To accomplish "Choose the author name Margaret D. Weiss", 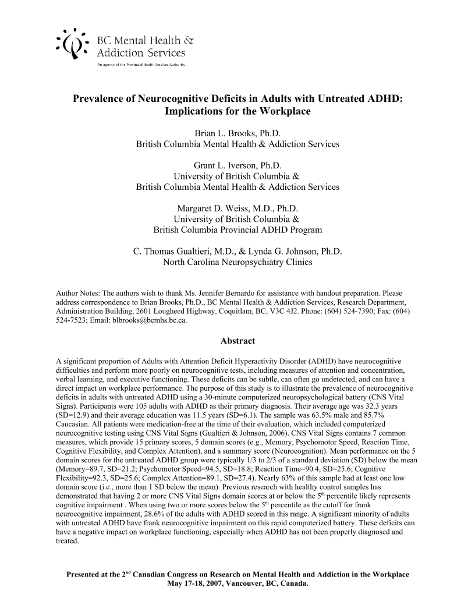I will (224, 208).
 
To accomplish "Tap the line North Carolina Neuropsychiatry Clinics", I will (238, 262).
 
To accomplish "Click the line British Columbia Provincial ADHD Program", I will (238, 229).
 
